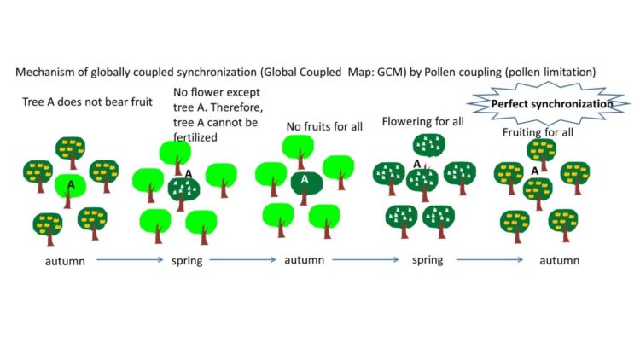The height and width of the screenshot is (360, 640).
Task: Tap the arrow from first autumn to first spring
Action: point(128,260)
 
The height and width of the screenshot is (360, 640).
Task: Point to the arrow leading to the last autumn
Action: point(496,260)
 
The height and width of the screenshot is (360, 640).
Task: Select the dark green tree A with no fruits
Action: point(305,182)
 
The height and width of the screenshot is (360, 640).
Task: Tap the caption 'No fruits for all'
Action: point(324,127)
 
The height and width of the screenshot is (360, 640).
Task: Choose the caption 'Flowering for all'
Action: point(422,121)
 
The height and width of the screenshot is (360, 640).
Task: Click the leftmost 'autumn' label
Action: point(65,260)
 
